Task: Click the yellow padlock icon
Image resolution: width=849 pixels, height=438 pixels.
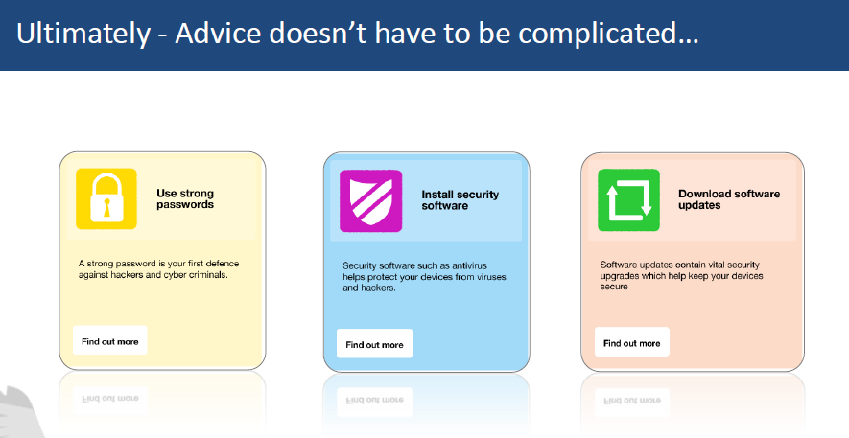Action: (106, 198)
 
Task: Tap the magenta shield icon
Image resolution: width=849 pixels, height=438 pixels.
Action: (371, 200)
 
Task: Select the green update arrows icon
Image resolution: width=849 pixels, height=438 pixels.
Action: (628, 200)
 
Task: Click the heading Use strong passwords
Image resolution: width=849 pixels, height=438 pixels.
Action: (185, 198)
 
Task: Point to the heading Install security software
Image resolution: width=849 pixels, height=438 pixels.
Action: (460, 200)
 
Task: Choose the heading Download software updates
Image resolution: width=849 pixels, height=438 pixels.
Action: (729, 199)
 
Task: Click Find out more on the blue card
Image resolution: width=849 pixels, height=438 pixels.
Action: (374, 344)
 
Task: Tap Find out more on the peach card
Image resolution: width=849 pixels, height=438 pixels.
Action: (632, 343)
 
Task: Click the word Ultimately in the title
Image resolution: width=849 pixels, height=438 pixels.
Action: (83, 34)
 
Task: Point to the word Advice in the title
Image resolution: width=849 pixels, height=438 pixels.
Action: (218, 33)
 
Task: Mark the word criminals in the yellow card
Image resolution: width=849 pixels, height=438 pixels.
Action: (207, 275)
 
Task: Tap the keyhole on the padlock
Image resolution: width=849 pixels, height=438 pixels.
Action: (106, 208)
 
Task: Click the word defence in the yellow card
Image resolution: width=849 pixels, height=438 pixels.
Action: (222, 264)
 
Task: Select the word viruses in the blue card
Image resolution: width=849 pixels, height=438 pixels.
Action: (491, 277)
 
